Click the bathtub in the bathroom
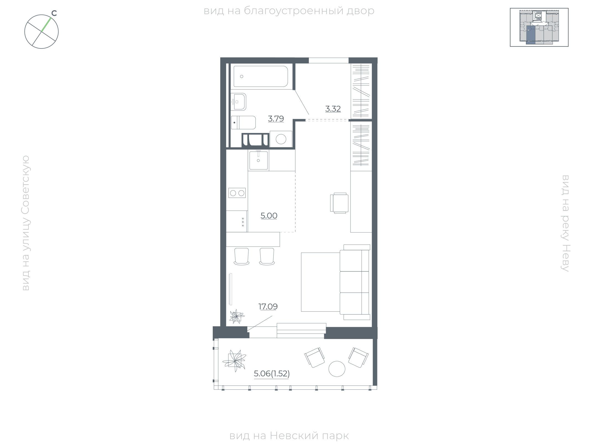pos(261,76)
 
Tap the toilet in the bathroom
pos(243,122)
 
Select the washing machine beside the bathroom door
pos(281,139)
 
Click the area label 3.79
pos(276,119)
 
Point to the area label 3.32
pos(333,109)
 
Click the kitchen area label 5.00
pos(269,216)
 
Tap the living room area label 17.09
pos(268,307)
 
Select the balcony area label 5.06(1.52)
pos(272,374)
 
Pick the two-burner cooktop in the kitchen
pos(237,193)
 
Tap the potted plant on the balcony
pos(234,361)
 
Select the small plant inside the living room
pos(237,316)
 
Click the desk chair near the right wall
pos(339,203)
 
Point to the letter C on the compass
pos(54,13)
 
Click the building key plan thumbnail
pos(539,27)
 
